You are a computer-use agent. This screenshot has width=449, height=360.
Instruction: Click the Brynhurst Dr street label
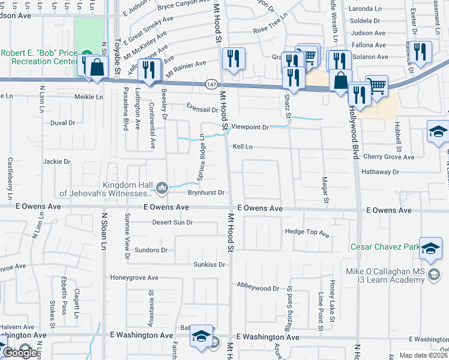click(x=205, y=193)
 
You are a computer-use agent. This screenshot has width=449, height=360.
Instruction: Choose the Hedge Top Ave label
click(x=307, y=232)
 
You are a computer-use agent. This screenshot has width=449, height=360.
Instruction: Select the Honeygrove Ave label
click(x=134, y=278)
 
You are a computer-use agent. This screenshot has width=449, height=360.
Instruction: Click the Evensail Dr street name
click(x=202, y=109)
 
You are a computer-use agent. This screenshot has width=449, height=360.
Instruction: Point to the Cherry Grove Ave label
click(x=388, y=157)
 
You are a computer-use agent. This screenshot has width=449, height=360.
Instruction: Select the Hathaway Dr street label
click(x=380, y=172)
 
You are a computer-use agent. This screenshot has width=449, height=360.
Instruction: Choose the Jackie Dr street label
click(x=56, y=161)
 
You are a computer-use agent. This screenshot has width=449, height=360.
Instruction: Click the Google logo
click(x=20, y=353)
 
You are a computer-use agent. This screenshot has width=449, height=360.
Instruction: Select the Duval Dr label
click(x=62, y=122)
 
